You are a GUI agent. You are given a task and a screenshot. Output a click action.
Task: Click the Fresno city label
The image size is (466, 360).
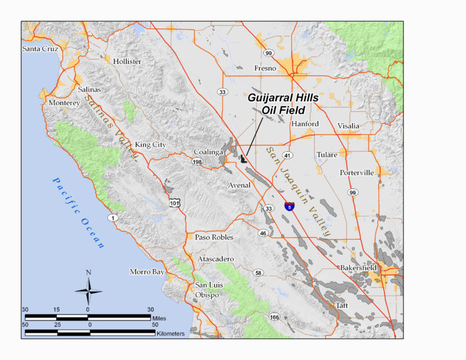pyautogui.click(x=265, y=69)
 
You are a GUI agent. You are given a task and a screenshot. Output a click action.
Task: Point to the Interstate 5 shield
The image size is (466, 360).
pyautogui.click(x=289, y=206)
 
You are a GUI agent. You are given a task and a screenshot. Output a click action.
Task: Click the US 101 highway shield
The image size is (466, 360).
pyautogui.click(x=175, y=203)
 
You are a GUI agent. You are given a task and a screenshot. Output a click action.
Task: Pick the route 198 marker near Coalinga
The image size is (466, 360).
pyautogui.click(x=197, y=162)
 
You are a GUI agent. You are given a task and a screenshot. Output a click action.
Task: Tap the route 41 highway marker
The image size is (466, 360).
pyautogui.click(x=288, y=155)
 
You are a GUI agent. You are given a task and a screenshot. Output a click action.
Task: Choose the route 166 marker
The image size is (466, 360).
pyautogui.click(x=274, y=317)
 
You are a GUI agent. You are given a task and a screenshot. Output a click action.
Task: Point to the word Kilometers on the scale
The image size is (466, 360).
pyautogui.click(x=172, y=333)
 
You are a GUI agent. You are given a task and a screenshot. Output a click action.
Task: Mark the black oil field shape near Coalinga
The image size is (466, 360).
pyautogui.click(x=244, y=159)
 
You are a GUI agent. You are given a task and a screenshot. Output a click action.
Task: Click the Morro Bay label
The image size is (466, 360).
pyautogui.click(x=147, y=272)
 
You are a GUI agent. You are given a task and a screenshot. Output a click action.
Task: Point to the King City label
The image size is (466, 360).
pyautogui.click(x=150, y=144)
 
